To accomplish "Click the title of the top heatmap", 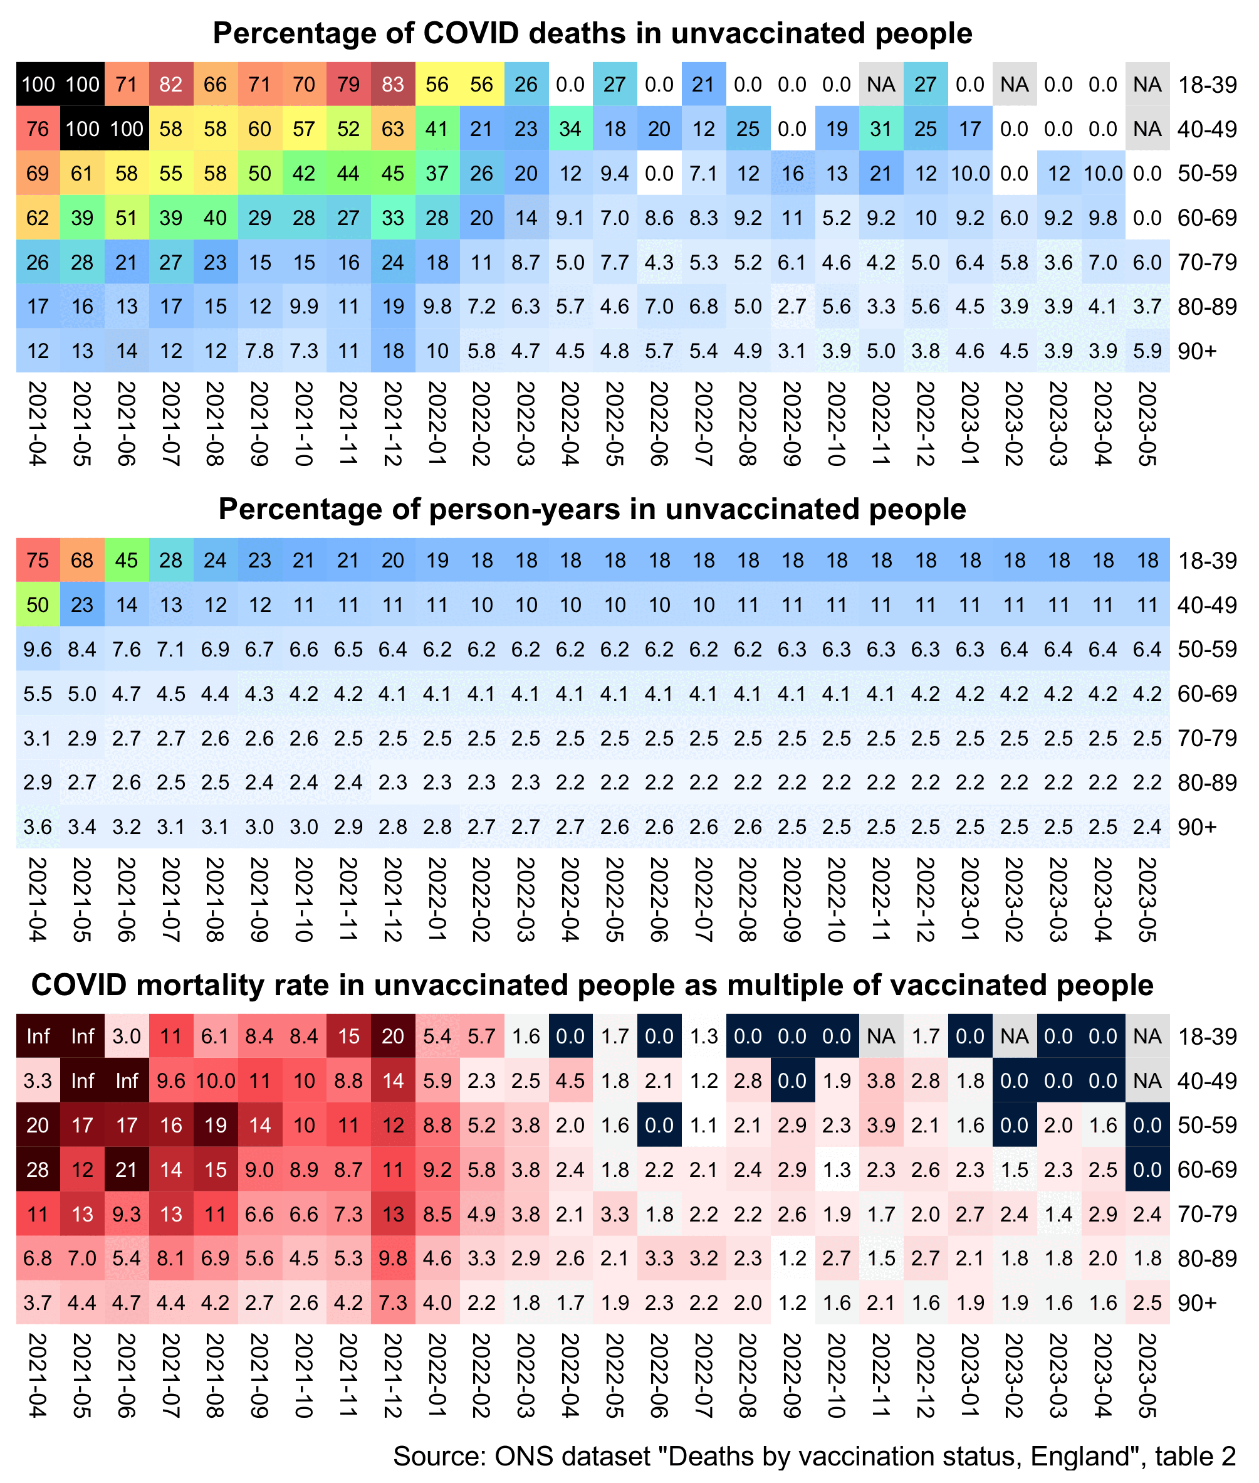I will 592,34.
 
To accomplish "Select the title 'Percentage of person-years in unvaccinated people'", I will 592,510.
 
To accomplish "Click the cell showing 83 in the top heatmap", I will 392,84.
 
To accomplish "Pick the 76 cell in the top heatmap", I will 38,129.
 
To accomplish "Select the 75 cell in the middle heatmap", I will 38,561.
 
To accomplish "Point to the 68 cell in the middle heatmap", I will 82,561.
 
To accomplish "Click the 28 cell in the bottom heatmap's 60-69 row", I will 38,1169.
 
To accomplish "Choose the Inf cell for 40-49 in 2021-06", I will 127,1081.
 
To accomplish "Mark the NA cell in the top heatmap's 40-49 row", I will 1147,129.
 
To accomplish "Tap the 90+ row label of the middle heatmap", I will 1197,827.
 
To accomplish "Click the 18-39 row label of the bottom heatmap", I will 1207,1037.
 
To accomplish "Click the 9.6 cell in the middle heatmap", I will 38,649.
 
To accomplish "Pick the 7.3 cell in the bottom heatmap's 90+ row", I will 392,1303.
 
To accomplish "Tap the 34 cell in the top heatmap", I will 570,129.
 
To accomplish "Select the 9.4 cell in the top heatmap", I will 615,174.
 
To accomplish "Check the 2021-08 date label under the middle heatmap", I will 215,900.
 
